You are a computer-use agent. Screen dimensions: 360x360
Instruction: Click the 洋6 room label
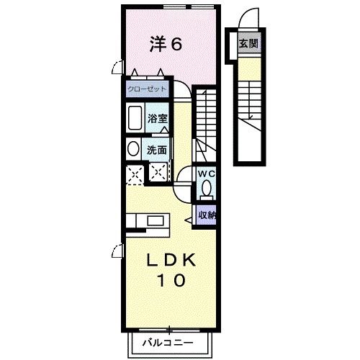[166, 44]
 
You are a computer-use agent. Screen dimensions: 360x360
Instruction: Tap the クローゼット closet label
[147, 89]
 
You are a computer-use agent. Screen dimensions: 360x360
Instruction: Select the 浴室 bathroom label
[157, 118]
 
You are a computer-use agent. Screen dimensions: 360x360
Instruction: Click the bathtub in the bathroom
[135, 117]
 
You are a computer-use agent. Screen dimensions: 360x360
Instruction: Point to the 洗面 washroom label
[157, 150]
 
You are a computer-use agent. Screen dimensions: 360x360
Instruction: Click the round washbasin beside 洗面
[133, 149]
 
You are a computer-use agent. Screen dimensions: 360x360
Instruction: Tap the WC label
[207, 174]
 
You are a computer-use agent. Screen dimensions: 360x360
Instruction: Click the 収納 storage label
[207, 215]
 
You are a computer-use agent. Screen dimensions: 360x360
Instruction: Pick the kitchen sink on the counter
[156, 221]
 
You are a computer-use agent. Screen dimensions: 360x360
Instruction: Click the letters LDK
[171, 261]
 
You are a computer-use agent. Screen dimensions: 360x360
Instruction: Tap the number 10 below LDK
[171, 280]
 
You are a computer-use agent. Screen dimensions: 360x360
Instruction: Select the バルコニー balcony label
[168, 343]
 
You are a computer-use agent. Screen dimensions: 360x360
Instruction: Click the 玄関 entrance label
[248, 43]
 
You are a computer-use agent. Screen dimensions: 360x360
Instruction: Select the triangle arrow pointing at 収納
[188, 220]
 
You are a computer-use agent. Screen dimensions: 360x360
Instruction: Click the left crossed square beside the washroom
[135, 175]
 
